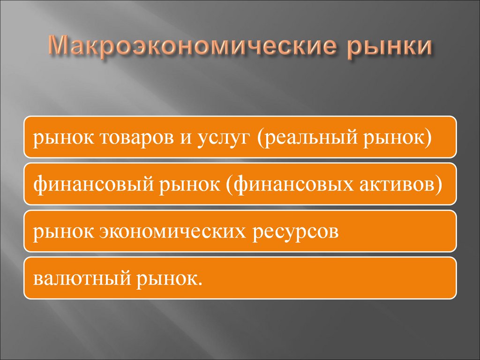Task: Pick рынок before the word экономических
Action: pyautogui.click(x=60, y=232)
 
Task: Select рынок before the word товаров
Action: pyautogui.click(x=60, y=139)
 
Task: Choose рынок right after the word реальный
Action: pyautogui.click(x=400, y=139)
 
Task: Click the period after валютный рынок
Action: pyautogui.click(x=202, y=283)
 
